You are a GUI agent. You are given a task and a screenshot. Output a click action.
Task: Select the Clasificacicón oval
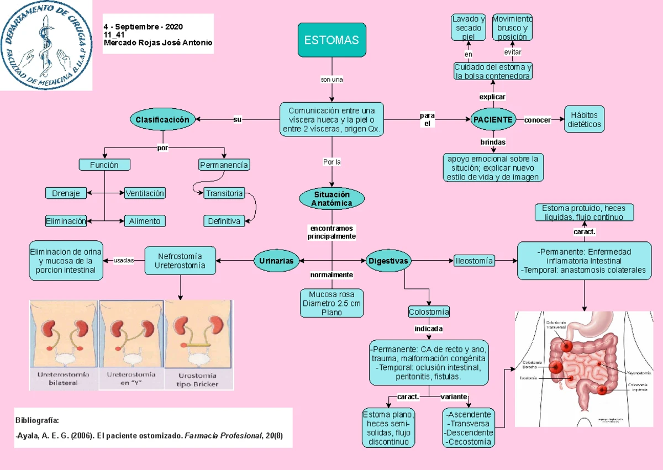tap(162, 119)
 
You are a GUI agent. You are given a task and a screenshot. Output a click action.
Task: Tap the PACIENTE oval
tap(493, 119)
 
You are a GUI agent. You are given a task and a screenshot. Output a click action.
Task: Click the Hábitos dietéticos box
tap(585, 119)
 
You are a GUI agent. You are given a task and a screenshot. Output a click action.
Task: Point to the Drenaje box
tap(66, 193)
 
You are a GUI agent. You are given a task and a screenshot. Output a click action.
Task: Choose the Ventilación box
tap(145, 193)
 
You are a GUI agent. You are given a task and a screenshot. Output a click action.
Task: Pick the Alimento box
tap(145, 221)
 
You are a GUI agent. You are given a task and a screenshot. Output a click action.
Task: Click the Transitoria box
tap(224, 193)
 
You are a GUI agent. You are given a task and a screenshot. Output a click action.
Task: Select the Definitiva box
tap(224, 221)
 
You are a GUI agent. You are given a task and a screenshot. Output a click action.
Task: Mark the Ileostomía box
tap(473, 260)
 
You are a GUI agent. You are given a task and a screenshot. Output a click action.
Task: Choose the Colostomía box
tap(429, 311)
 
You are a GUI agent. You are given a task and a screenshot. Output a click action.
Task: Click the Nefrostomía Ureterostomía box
tap(180, 261)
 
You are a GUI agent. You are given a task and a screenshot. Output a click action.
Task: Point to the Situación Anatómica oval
tap(331, 198)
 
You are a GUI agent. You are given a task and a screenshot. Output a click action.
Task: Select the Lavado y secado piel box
tap(469, 28)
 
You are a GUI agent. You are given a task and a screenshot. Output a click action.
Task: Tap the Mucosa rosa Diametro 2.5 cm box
tap(331, 303)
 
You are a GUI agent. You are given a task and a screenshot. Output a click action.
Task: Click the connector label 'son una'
tap(331, 80)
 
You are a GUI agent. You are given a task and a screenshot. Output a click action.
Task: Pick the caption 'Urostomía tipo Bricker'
tap(197, 379)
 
